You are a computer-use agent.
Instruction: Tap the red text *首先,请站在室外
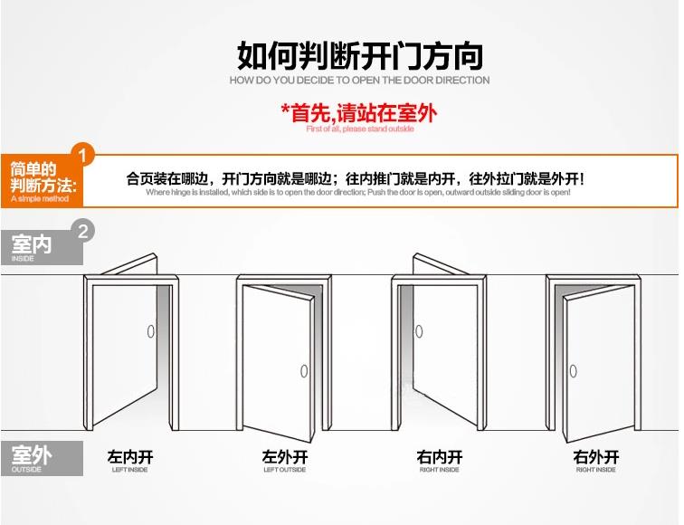(359, 113)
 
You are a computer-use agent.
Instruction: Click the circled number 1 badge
(83, 155)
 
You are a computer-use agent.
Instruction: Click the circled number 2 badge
(83, 231)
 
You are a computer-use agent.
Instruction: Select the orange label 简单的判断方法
(36, 182)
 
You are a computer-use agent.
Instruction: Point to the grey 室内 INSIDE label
(33, 244)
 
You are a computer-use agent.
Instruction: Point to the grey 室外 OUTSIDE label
(33, 457)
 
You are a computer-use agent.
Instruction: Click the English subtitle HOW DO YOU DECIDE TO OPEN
(359, 81)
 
